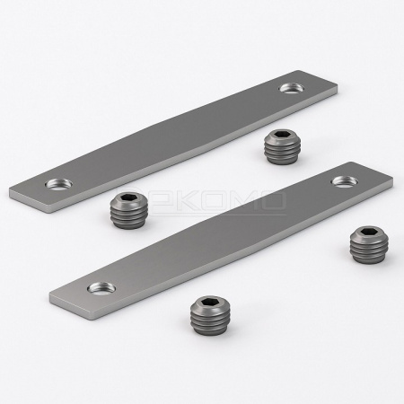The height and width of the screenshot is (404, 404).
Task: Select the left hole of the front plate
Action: pyautogui.click(x=94, y=289)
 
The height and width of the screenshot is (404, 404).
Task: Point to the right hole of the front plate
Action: pyautogui.click(x=341, y=181)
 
